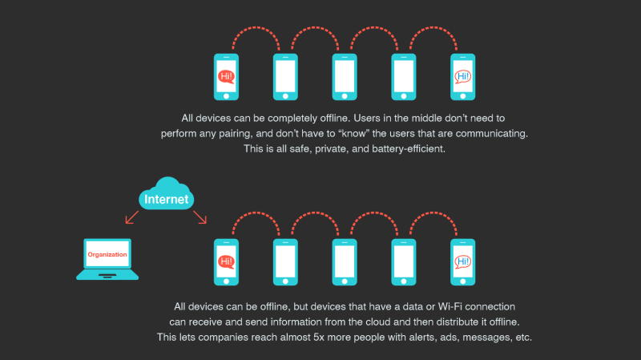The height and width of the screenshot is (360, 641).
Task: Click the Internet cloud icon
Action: coord(167,195)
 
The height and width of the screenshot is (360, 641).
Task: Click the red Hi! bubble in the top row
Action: coord(227,77)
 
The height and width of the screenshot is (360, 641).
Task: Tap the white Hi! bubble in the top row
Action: coord(462,77)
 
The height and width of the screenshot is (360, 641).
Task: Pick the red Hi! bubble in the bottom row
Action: coord(227,261)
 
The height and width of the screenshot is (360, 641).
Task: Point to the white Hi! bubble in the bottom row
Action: coord(462,261)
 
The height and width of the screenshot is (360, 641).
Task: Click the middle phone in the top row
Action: coord(345,77)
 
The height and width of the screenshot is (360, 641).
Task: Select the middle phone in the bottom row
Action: coord(345,261)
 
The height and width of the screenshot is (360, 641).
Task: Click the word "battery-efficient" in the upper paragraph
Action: coord(397,149)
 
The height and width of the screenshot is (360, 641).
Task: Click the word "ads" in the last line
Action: coord(441,338)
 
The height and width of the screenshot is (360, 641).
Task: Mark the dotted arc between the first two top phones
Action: coord(256,34)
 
